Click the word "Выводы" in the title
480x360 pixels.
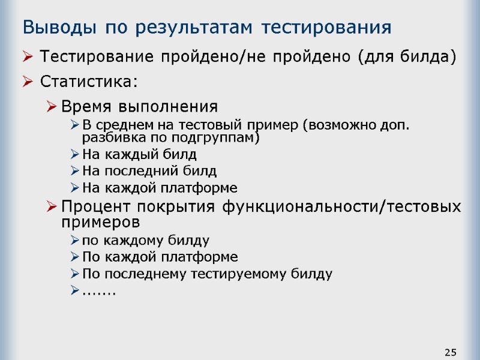(58, 28)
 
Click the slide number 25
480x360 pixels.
(451, 351)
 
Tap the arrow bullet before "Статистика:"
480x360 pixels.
(28, 81)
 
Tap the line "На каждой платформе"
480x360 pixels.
(159, 188)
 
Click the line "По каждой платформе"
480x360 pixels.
(160, 257)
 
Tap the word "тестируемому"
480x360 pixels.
(232, 274)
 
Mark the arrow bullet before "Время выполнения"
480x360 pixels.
(52, 107)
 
